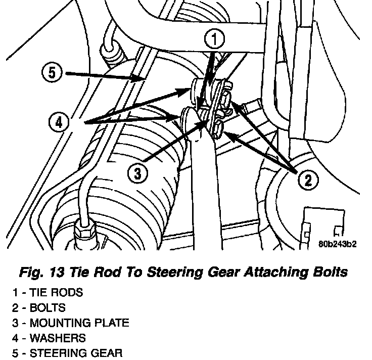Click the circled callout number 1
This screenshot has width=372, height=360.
(215, 38)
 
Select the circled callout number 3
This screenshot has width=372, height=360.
(137, 173)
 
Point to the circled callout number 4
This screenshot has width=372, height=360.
(59, 122)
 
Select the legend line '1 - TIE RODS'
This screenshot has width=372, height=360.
(46, 292)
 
